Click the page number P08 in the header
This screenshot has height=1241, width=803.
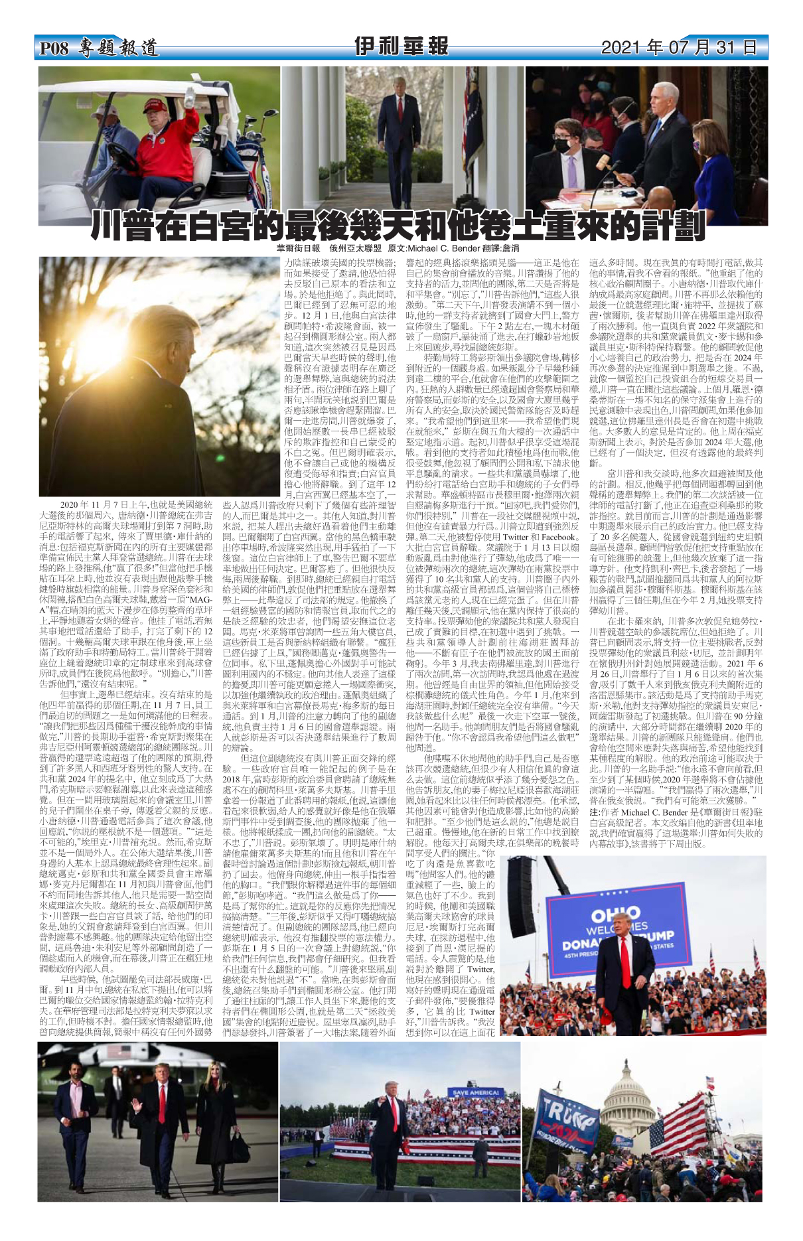tap(54, 48)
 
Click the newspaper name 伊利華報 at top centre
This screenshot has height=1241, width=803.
tap(401, 46)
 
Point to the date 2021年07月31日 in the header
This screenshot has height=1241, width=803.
tap(678, 48)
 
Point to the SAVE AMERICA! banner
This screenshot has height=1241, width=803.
tap(476, 1092)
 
